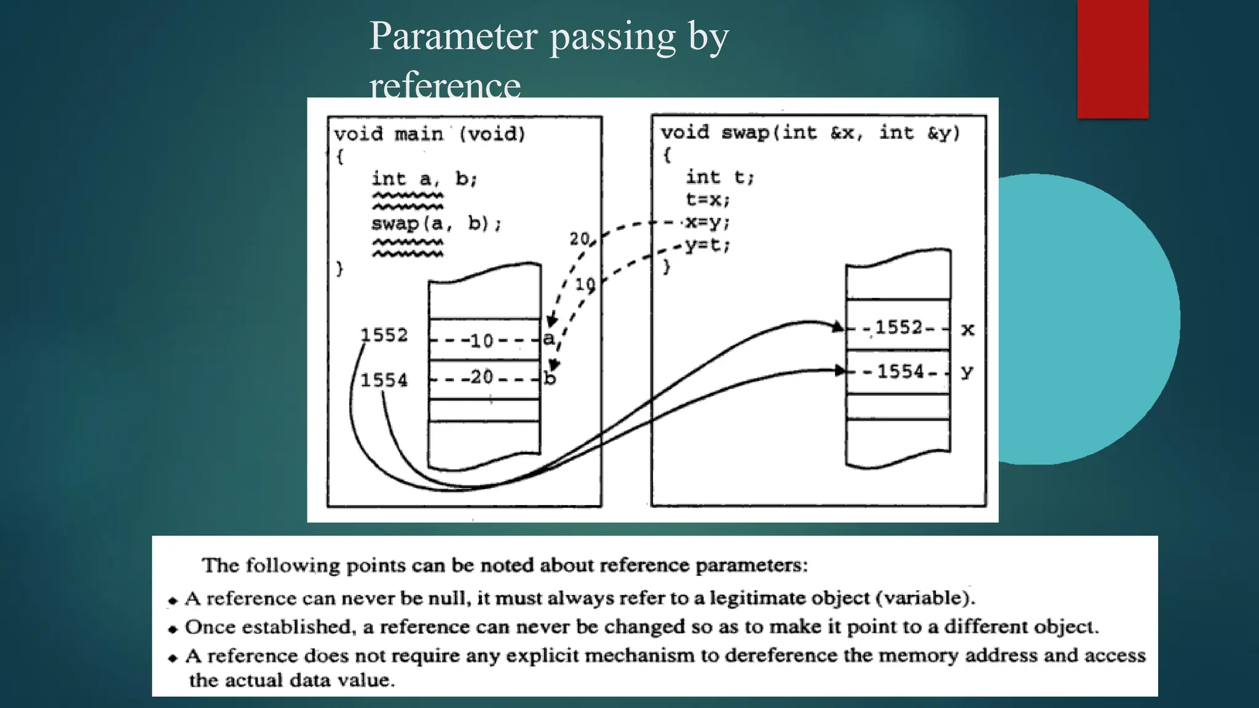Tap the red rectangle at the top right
(1113, 58)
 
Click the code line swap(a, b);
(436, 223)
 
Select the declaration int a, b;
(424, 179)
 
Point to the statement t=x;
(708, 200)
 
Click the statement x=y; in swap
(708, 222)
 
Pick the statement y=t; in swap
(708, 245)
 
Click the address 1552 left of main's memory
(384, 335)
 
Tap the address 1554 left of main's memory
(384, 380)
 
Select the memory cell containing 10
(484, 339)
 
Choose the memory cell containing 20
(484, 377)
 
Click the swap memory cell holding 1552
(898, 327)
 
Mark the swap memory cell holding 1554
(898, 371)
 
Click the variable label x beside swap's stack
(968, 330)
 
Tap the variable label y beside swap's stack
(967, 372)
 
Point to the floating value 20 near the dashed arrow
(579, 238)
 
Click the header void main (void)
(430, 134)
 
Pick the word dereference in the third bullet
(781, 656)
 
